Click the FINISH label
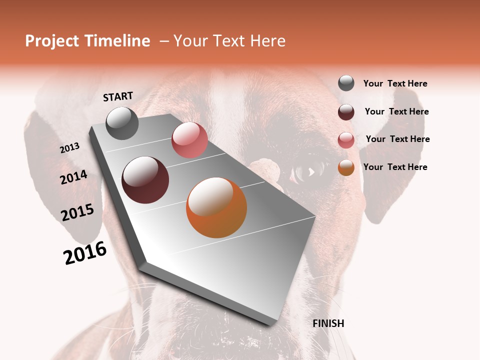click(x=328, y=323)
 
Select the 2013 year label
click(x=69, y=148)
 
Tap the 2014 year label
click(x=73, y=177)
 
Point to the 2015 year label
click(x=77, y=212)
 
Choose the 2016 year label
click(x=85, y=253)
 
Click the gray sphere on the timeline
click(x=122, y=123)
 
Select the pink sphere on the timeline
click(x=189, y=139)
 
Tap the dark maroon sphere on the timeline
click(x=145, y=180)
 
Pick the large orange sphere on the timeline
click(x=216, y=207)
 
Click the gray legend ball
click(x=346, y=83)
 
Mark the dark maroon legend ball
click(x=346, y=112)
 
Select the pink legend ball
click(x=346, y=140)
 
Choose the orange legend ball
click(x=346, y=167)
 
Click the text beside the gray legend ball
click(x=395, y=83)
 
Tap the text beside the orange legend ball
click(x=395, y=167)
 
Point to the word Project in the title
click(x=52, y=41)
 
